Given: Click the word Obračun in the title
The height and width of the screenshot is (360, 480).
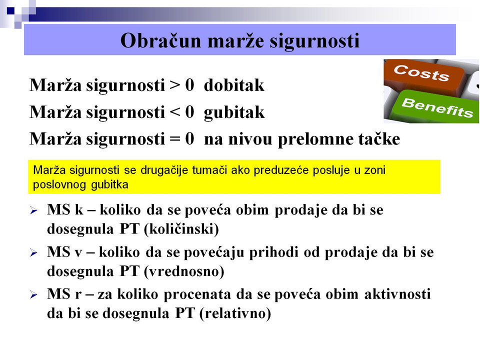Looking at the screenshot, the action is coord(160,40).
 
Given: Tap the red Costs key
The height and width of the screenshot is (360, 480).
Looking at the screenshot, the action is coord(424,74).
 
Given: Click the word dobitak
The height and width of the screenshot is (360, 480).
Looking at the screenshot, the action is coord(234,85).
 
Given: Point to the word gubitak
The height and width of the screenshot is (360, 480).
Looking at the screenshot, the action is coord(234,112).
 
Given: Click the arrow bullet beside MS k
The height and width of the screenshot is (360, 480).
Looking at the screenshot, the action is coord(33,210).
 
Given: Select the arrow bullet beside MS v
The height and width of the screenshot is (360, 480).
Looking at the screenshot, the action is coord(33,253).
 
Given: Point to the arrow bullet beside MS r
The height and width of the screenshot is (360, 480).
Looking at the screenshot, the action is coord(33,295).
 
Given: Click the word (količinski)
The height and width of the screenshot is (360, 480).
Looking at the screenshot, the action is coord(181,229).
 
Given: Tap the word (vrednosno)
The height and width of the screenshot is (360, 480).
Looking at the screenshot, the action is coord(184,271).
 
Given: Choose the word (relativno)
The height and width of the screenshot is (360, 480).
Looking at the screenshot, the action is coord(235,313).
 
